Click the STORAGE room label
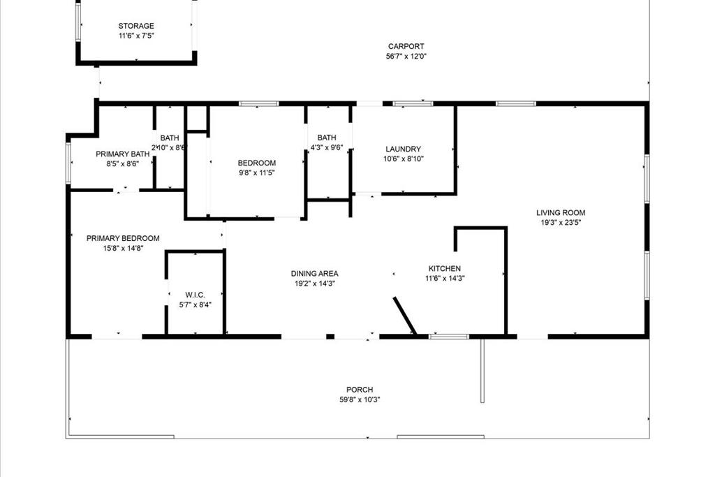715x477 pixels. (x=135, y=26)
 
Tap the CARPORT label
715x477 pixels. (x=406, y=47)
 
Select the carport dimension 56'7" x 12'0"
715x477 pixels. (x=406, y=57)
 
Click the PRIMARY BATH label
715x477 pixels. (x=122, y=154)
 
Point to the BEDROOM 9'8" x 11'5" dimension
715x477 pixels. (x=257, y=173)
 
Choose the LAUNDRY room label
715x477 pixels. (x=403, y=149)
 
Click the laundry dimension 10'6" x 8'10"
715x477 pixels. (x=403, y=159)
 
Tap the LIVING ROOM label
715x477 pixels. (x=561, y=213)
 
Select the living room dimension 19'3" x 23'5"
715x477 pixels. (x=561, y=223)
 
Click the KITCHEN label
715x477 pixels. (x=444, y=268)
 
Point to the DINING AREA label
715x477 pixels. (x=314, y=274)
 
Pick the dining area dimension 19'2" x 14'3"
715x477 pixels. (x=314, y=284)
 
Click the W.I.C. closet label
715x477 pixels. (x=195, y=295)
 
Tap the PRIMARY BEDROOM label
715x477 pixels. (x=123, y=238)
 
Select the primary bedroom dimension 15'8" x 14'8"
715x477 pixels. (x=123, y=248)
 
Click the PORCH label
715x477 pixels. (x=360, y=390)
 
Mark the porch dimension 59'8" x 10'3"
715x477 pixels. (x=360, y=399)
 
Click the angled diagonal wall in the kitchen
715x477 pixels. (x=404, y=316)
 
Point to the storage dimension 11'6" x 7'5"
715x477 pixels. (x=135, y=35)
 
